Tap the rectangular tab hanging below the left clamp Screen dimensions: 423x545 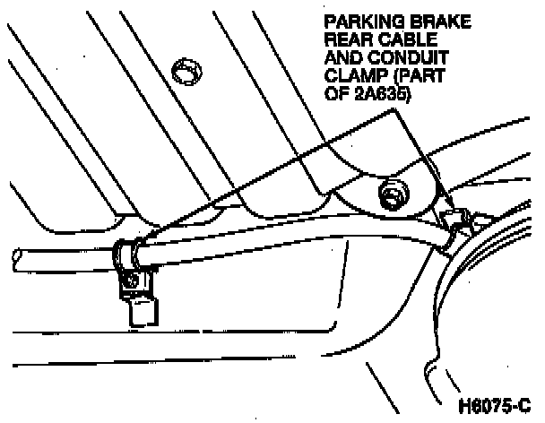(142, 310)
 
